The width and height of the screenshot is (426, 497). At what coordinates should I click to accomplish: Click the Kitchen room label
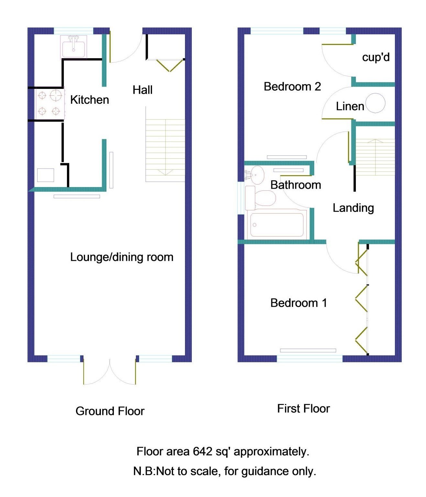coord(89,100)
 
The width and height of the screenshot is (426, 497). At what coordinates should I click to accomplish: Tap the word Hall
coord(142,90)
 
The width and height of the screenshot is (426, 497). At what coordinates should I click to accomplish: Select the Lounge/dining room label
coord(122,257)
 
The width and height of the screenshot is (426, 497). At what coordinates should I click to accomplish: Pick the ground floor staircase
coord(165,150)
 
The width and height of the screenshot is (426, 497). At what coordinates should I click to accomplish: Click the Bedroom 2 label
coord(292,87)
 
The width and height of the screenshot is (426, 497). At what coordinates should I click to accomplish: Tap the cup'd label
coord(376,57)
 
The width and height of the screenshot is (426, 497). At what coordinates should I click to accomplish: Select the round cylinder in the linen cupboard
coord(376,103)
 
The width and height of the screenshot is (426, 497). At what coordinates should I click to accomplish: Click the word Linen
coord(350,106)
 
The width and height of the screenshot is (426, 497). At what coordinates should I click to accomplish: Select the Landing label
coord(353,208)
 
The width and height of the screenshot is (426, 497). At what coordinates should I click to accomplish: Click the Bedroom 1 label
coord(298,303)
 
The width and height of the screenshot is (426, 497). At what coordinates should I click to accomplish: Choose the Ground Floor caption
coord(110,411)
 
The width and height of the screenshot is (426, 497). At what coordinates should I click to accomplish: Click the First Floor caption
coord(303,408)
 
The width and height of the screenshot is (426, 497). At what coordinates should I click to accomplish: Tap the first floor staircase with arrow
coord(375,157)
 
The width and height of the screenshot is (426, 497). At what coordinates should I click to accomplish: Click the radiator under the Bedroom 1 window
coord(308,351)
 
